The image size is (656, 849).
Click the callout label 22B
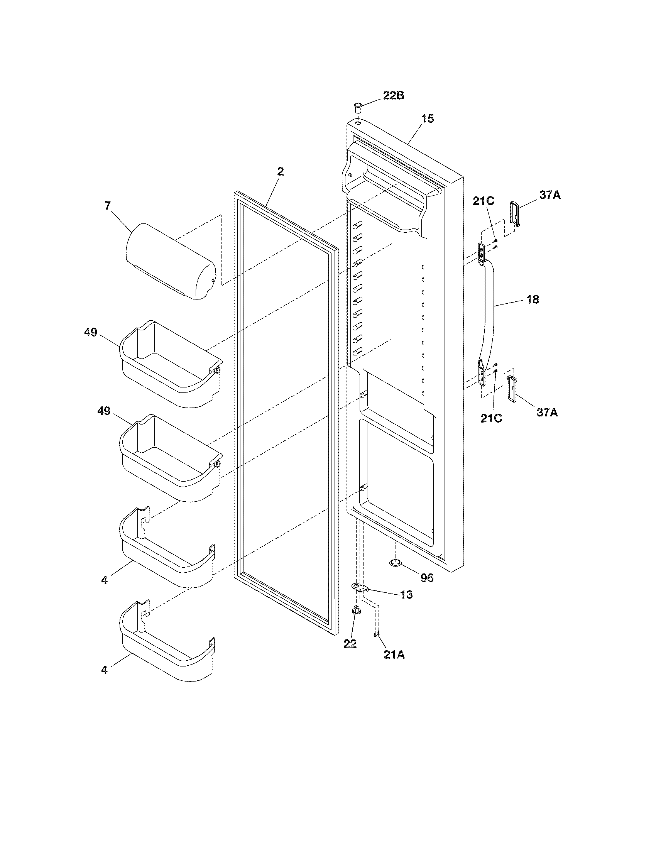pos(393,96)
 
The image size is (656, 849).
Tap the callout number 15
pos(428,118)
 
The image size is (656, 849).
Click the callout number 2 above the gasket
pos(281,172)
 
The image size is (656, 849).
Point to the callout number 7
pos(108,206)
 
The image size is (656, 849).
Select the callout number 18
pos(533,299)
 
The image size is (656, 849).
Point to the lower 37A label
pos(547,413)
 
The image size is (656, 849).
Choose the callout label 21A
pos(394,655)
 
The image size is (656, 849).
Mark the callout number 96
pos(427,578)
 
